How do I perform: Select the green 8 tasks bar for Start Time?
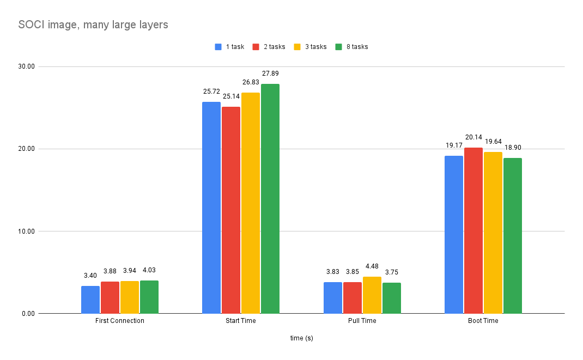click(270, 199)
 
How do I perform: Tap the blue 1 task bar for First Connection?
click(90, 300)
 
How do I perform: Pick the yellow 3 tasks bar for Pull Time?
click(372, 295)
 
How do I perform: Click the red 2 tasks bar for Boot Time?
click(473, 230)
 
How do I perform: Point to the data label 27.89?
click(270, 74)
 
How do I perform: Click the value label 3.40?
click(90, 276)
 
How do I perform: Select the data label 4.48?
click(372, 266)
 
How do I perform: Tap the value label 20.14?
click(473, 137)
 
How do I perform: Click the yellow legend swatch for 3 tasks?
click(297, 47)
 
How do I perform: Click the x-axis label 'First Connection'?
click(120, 321)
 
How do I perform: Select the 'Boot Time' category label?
click(483, 321)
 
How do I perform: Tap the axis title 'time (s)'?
click(301, 338)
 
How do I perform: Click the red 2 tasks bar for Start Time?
click(231, 210)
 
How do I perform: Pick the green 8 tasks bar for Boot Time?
click(513, 236)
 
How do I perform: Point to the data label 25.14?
click(231, 96)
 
